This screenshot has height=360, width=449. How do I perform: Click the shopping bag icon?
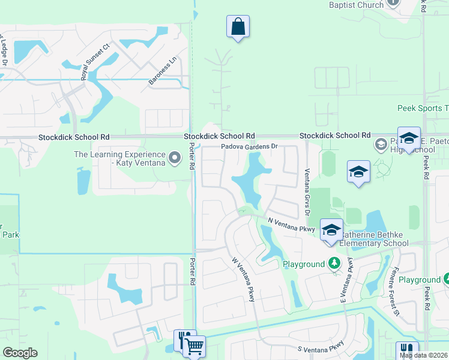[x=238, y=27]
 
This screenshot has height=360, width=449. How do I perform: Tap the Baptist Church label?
[x=356, y=5]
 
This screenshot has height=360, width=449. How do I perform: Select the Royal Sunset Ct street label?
[x=96, y=62]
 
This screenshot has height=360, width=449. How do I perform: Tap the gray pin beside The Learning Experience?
[x=175, y=158]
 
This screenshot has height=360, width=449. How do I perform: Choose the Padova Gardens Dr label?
[x=250, y=146]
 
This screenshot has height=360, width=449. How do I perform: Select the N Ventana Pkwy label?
[x=291, y=225]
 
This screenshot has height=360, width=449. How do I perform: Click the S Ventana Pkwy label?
[x=321, y=346]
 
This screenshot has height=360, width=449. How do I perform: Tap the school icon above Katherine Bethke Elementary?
[x=331, y=230]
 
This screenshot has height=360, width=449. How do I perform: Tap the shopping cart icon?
[x=194, y=346]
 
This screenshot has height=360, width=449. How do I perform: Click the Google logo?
[x=20, y=353]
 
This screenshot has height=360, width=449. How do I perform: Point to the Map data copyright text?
[x=424, y=355]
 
